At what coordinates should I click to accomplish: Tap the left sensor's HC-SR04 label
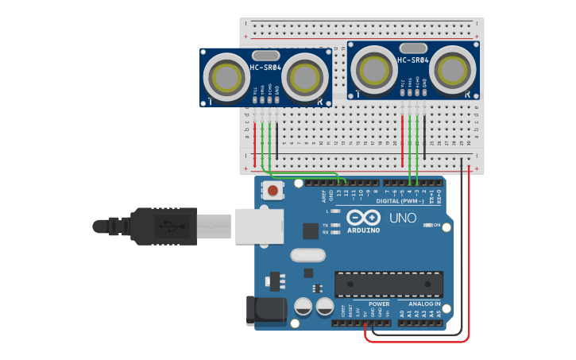(x=265, y=68)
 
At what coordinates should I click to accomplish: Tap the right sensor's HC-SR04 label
(x=413, y=60)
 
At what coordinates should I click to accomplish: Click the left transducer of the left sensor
(x=227, y=77)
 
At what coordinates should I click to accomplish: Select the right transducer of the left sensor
(x=304, y=77)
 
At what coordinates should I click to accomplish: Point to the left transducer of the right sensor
(x=374, y=68)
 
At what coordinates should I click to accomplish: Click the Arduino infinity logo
(x=362, y=218)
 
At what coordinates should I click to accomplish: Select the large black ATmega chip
(x=389, y=284)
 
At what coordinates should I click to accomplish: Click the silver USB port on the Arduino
(x=258, y=226)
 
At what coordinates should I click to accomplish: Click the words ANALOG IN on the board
(x=424, y=304)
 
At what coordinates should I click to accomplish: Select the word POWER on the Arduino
(x=379, y=304)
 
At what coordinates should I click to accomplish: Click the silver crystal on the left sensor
(x=265, y=55)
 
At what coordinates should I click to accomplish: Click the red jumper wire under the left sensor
(x=255, y=139)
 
